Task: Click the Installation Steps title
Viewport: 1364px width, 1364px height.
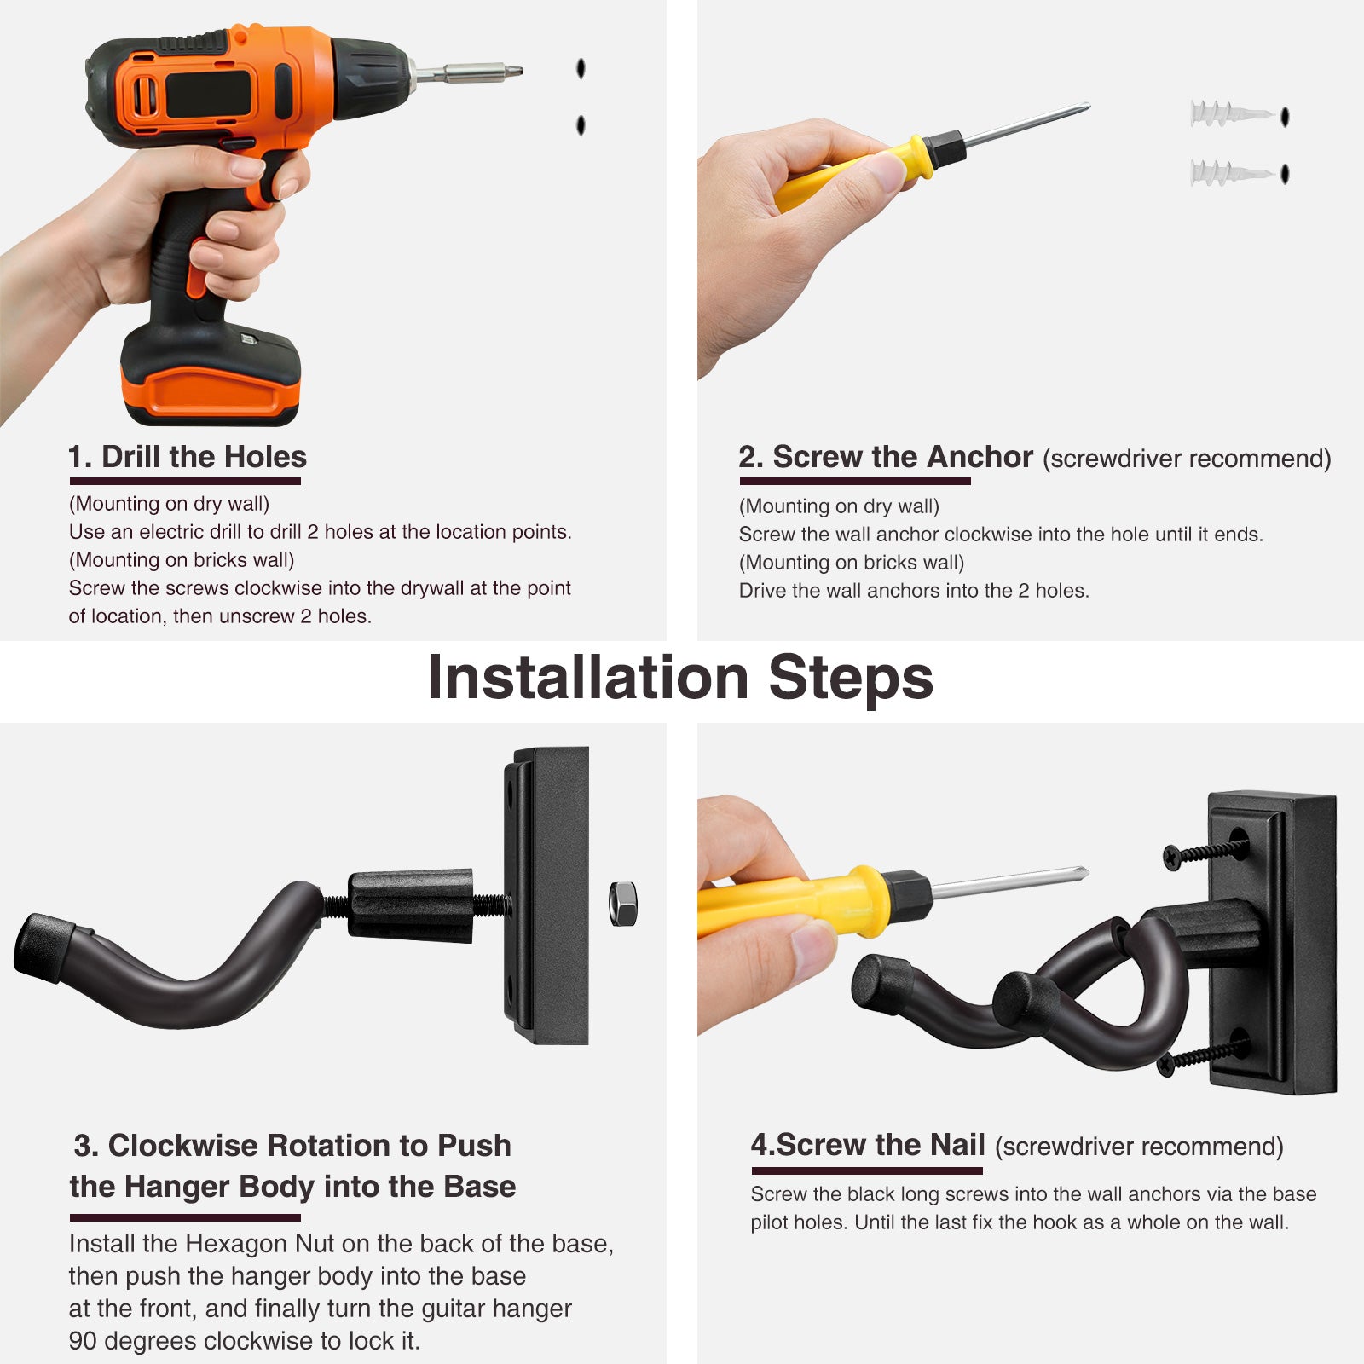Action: [680, 679]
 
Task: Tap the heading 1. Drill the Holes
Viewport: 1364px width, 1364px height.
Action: [188, 457]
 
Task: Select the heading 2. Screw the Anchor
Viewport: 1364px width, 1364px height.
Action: [886, 457]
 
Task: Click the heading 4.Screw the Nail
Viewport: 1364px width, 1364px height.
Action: [868, 1145]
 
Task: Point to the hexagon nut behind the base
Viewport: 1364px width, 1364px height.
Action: [623, 904]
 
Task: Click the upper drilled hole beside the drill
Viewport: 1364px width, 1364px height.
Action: [581, 68]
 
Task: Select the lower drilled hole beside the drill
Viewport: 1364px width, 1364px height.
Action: [581, 125]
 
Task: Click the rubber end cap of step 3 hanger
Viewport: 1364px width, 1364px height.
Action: [43, 945]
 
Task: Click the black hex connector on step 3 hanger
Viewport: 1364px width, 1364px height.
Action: [410, 905]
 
